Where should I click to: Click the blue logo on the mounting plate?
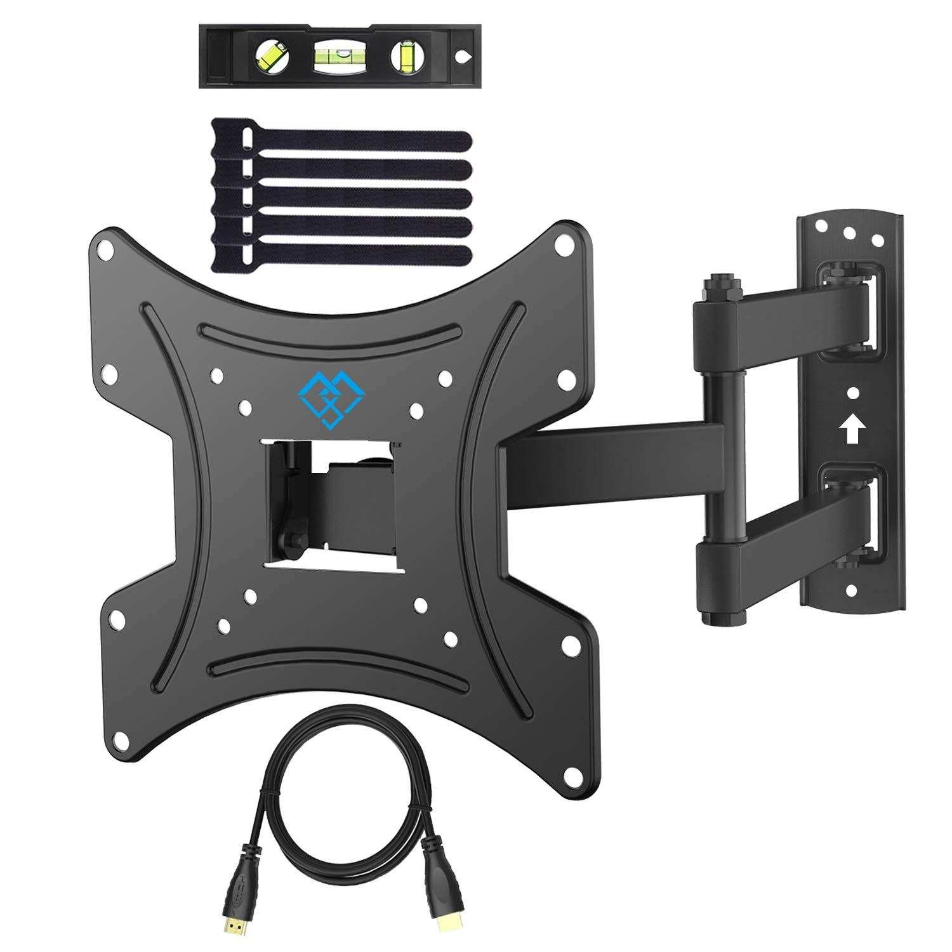331,399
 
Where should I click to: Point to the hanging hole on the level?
463,56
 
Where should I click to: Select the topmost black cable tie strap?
343,142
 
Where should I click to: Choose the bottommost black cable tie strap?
343,256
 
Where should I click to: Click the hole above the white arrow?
853,394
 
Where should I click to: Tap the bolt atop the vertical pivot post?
717,282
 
